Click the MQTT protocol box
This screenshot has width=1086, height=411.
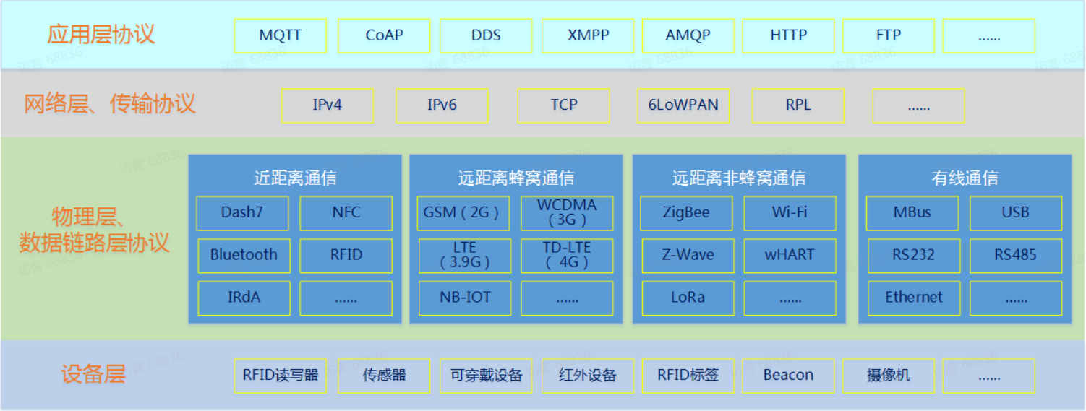281,35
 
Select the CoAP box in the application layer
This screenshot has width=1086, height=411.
384,35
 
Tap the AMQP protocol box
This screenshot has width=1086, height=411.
688,35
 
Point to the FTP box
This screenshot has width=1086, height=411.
889,35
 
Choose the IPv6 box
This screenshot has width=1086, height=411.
442,105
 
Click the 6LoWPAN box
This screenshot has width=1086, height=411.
683,105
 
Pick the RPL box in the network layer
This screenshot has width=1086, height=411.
798,105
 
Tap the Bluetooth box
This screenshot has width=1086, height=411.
244,255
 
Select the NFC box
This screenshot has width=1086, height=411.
346,213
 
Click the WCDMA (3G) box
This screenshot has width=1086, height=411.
567,213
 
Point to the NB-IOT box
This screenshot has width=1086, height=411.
465,298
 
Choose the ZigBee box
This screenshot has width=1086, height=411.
686,213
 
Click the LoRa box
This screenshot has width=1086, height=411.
688,298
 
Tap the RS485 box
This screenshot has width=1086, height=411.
1015,255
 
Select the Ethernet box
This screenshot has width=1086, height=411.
914,298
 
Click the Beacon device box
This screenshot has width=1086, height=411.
788,376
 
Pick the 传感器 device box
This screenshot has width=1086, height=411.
384,376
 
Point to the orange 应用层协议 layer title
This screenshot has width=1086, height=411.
101,35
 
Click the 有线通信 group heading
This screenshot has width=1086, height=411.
965,178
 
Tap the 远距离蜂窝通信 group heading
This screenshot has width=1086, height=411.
516,178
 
